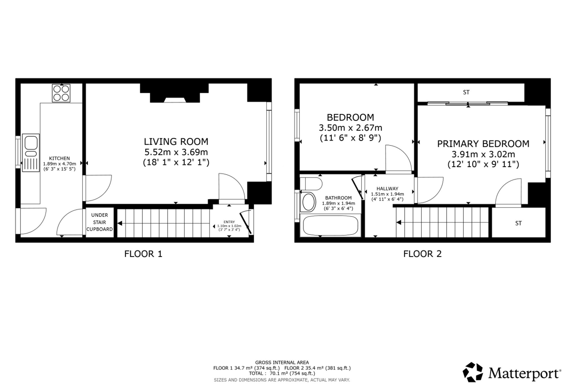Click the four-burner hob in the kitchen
click(x=61, y=93)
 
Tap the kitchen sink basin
click(x=31, y=143)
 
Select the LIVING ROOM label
click(x=176, y=141)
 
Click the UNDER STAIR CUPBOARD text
click(x=100, y=222)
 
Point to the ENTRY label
click(x=229, y=222)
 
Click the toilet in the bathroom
click(x=311, y=184)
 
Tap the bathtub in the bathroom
click(x=331, y=225)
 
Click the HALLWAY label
click(x=387, y=188)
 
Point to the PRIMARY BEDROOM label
click(x=483, y=144)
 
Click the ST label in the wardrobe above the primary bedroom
click(x=466, y=92)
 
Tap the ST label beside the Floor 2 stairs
click(x=518, y=223)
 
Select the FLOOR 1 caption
click(x=143, y=254)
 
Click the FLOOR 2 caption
click(x=422, y=254)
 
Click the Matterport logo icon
click(x=473, y=372)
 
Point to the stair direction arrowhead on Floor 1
click(x=120, y=223)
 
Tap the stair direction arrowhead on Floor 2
click(x=399, y=223)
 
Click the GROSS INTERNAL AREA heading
click(x=282, y=362)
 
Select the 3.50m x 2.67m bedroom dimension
click(x=351, y=128)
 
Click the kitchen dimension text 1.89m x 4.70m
click(x=60, y=164)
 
